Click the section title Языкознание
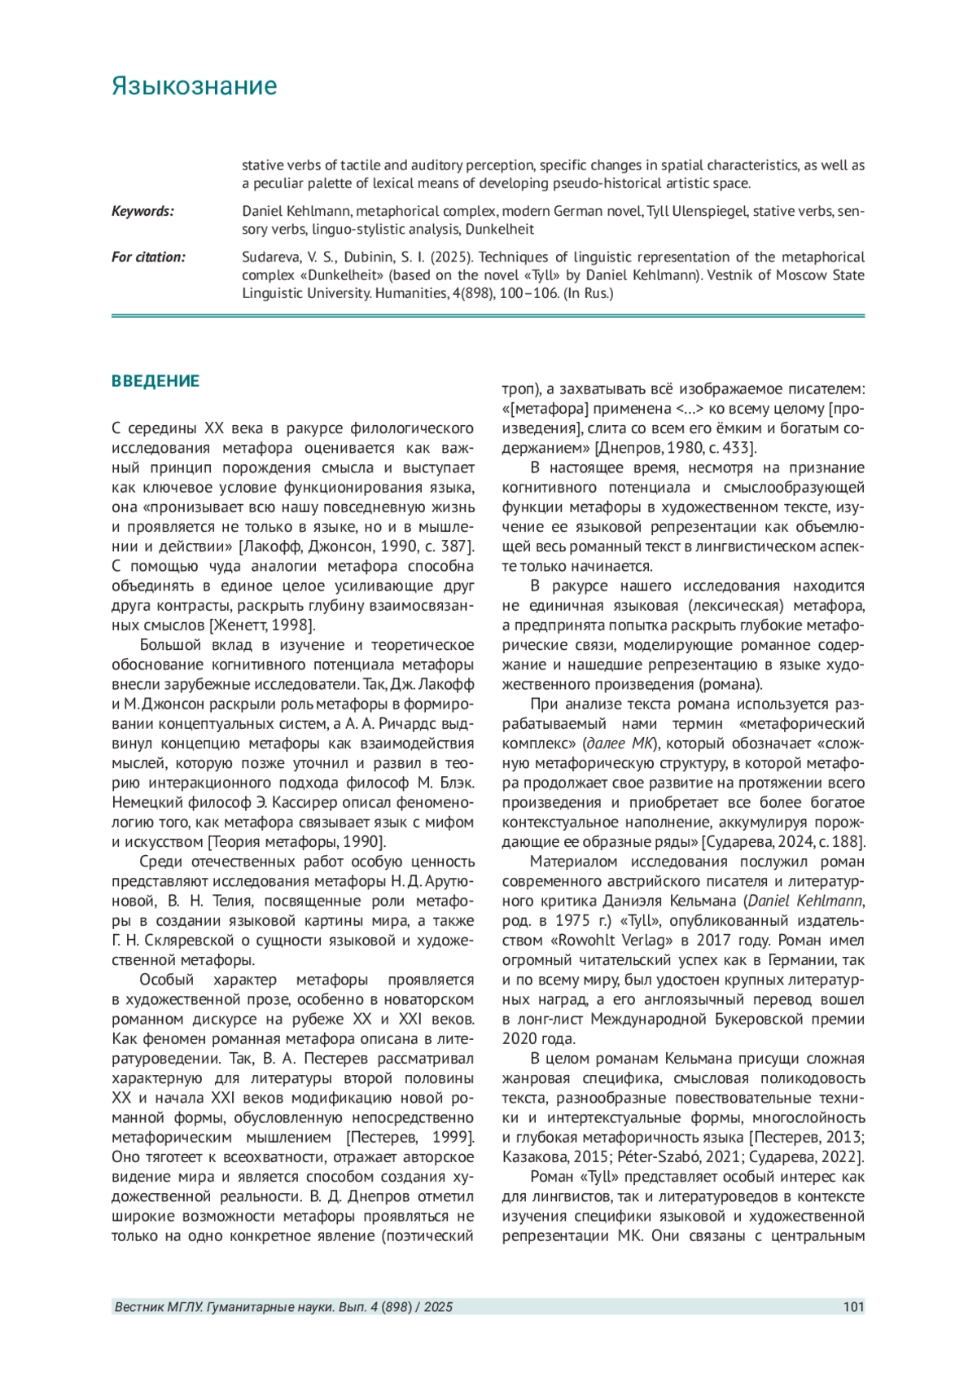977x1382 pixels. (194, 86)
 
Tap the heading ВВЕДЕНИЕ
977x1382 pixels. (156, 381)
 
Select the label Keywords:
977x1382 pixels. (142, 211)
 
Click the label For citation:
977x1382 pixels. (148, 257)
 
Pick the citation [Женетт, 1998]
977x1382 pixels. (262, 625)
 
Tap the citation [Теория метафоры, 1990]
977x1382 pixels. (296, 842)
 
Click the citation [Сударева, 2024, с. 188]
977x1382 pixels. (783, 842)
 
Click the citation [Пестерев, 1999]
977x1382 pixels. (410, 1138)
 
